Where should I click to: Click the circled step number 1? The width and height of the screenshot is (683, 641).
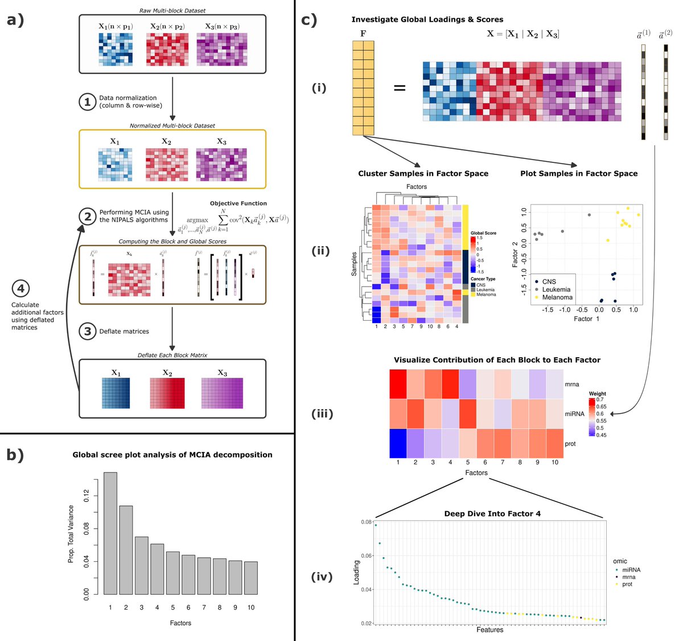pyautogui.click(x=87, y=101)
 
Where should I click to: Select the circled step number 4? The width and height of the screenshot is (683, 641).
pyautogui.click(x=21, y=288)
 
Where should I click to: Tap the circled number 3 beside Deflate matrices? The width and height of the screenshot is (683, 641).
pyautogui.click(x=87, y=331)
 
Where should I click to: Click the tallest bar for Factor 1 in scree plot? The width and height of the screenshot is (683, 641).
pyautogui.click(x=110, y=533)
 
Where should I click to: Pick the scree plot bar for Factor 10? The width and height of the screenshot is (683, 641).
pyautogui.click(x=250, y=578)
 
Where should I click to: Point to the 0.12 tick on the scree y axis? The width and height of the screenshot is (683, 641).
pyautogui.click(x=87, y=496)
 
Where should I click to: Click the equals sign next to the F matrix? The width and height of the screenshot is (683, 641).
pyautogui.click(x=400, y=88)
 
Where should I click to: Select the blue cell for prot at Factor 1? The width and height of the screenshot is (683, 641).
pyautogui.click(x=398, y=443)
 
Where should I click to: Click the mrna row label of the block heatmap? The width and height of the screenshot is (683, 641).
pyautogui.click(x=571, y=384)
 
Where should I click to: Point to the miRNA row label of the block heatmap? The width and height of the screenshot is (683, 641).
pyautogui.click(x=574, y=414)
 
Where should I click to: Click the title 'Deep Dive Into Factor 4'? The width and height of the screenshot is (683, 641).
pyautogui.click(x=492, y=513)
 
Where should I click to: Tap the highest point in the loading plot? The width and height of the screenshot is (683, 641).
pyautogui.click(x=376, y=525)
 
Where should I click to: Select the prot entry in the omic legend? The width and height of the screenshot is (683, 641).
pyautogui.click(x=627, y=584)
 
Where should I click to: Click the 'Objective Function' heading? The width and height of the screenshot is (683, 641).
pyautogui.click(x=238, y=203)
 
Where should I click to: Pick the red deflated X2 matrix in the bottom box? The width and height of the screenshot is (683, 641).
pyautogui.click(x=167, y=393)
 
